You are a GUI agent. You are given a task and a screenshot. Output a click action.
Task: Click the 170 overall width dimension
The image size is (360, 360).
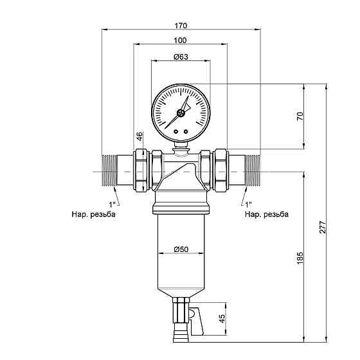click(181, 26)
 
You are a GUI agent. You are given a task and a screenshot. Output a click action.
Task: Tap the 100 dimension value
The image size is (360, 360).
click(180, 40)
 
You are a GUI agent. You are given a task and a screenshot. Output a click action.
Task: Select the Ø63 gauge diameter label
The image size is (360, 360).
click(181, 57)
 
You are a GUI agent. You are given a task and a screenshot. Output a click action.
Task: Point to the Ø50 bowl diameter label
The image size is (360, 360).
click(181, 249)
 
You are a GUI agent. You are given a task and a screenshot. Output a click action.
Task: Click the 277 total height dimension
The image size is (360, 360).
click(323, 228)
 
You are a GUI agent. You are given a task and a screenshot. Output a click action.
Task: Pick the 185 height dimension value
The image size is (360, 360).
click(300, 258)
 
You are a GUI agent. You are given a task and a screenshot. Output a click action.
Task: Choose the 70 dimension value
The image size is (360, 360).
click(300, 116)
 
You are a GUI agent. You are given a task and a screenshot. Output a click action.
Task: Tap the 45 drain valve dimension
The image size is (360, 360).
click(222, 318)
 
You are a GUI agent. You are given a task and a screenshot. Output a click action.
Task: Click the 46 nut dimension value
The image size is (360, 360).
click(140, 136)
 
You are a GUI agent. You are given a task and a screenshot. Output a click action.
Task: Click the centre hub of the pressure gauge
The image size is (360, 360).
click(181, 113)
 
